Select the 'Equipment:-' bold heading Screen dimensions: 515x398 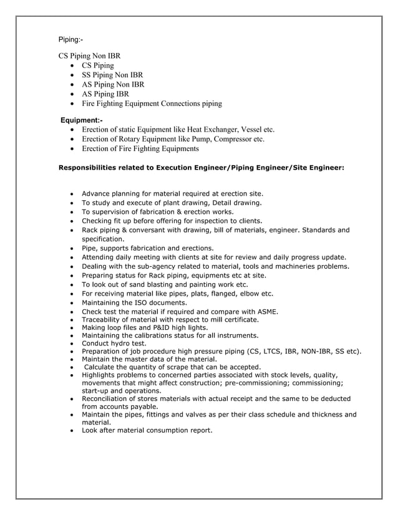pos(82,120)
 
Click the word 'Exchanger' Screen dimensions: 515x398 pos(218,129)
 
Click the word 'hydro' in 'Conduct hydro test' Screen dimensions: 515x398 pos(122,344)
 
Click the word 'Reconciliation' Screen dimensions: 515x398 pos(109,398)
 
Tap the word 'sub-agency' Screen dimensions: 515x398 pos(150,266)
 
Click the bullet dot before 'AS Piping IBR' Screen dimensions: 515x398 pos(74,94)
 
